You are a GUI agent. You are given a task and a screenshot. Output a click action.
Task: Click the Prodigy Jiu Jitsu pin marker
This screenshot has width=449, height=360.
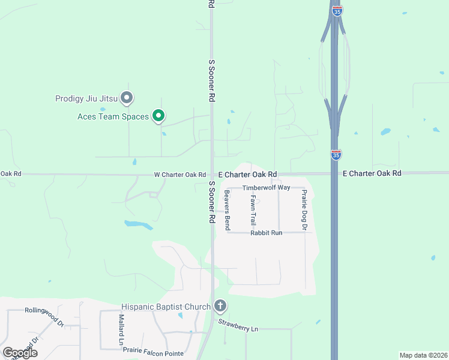(127, 97)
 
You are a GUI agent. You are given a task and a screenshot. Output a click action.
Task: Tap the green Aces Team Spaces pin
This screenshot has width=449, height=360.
(158, 115)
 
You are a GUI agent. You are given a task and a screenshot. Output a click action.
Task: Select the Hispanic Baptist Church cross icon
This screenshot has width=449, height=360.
(220, 307)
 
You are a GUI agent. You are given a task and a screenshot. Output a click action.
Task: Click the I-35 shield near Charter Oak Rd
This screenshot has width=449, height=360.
(336, 155)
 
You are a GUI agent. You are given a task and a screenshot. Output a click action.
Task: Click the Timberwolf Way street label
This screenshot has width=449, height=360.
(266, 188)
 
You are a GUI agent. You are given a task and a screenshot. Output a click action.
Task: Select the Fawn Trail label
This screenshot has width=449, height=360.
(253, 210)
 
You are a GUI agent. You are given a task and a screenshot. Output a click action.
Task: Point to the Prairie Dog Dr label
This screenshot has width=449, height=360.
(304, 210)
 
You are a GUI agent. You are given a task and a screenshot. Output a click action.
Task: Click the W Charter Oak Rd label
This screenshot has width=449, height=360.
(180, 175)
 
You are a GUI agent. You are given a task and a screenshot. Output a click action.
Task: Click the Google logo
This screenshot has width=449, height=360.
(20, 353)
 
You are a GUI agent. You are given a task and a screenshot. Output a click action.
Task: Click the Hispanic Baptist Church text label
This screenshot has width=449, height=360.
(166, 307)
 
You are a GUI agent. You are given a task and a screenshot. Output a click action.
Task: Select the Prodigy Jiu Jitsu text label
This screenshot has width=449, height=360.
(86, 99)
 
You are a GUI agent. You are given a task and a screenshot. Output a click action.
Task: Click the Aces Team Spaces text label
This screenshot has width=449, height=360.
(113, 116)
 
